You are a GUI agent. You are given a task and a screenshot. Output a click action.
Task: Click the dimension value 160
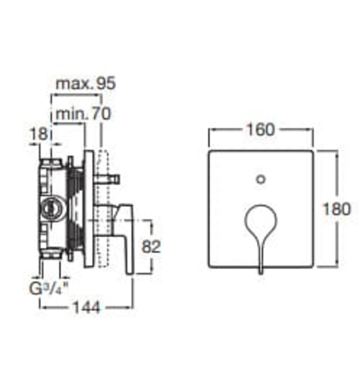click(x=261, y=130)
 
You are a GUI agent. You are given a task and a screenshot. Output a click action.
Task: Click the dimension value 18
click(x=38, y=135)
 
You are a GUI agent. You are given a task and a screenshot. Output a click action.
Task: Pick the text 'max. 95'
click(x=86, y=84)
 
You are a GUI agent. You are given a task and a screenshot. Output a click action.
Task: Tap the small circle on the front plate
click(x=261, y=179)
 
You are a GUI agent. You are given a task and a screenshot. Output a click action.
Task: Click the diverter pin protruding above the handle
click(x=109, y=179)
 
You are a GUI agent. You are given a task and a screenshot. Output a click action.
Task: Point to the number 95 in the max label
click(x=105, y=84)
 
